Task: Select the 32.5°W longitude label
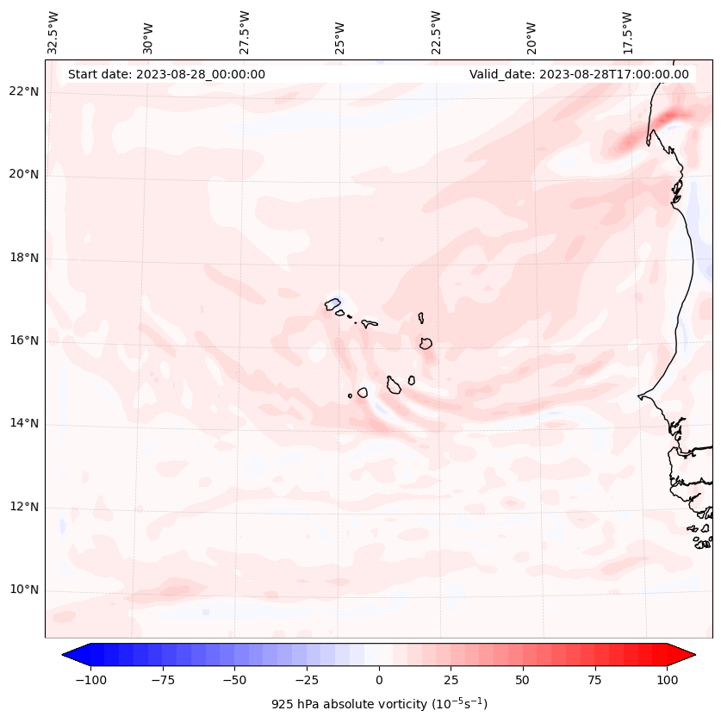[x=53, y=34]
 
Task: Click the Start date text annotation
[x=166, y=74]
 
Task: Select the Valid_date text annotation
[x=579, y=74]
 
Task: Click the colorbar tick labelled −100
[x=90, y=680]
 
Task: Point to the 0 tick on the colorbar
[x=378, y=680]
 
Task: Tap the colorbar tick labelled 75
[x=594, y=680]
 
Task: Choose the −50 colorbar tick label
[x=234, y=680]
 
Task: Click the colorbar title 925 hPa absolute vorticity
[x=379, y=704]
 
